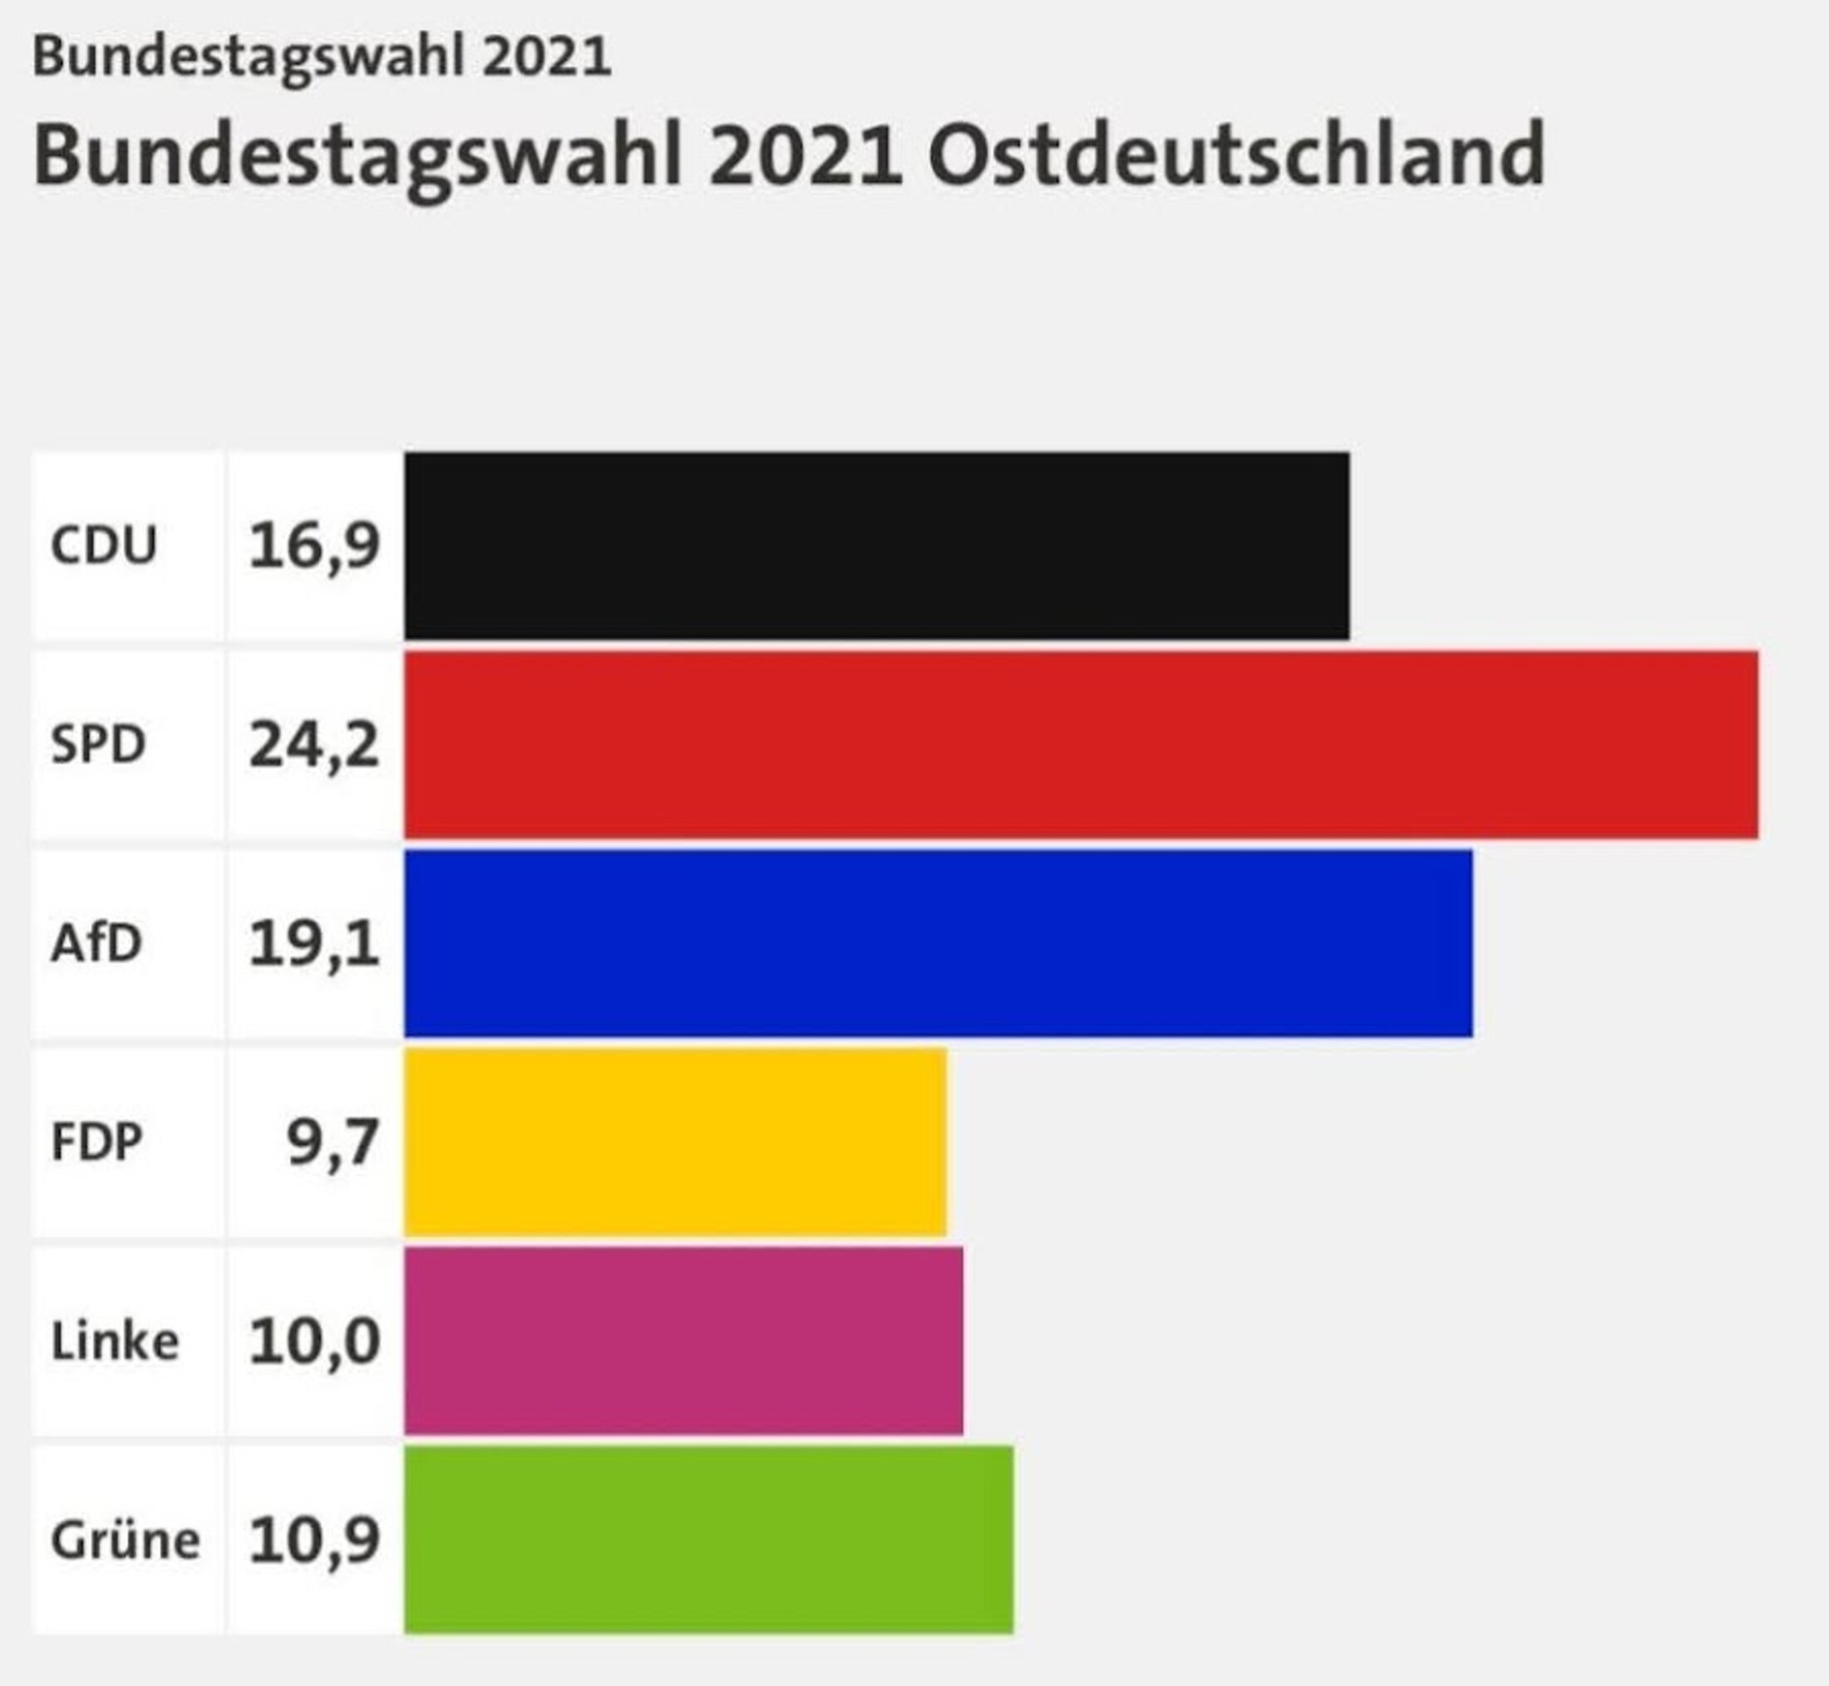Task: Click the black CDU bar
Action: pyautogui.click(x=876, y=546)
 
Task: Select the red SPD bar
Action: pyautogui.click(x=1081, y=745)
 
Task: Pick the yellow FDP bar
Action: pyautogui.click(x=674, y=1143)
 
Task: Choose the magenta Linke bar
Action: pyautogui.click(x=683, y=1341)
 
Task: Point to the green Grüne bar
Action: pyautogui.click(x=708, y=1540)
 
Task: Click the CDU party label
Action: pyautogui.click(x=103, y=546)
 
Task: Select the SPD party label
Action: pyautogui.click(x=97, y=745)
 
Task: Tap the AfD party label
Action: pyautogui.click(x=96, y=943)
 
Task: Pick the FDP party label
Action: pyautogui.click(x=96, y=1143)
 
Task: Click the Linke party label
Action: pyautogui.click(x=114, y=1342)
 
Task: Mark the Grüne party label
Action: pyautogui.click(x=125, y=1541)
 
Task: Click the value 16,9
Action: pyautogui.click(x=314, y=547)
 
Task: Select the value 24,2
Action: pyautogui.click(x=314, y=745)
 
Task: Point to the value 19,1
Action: pyautogui.click(x=314, y=944)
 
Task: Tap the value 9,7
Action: pyautogui.click(x=333, y=1143)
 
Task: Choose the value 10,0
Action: pyautogui.click(x=314, y=1342)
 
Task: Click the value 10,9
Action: pyautogui.click(x=314, y=1541)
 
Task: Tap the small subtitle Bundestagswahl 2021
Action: pyautogui.click(x=321, y=57)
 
